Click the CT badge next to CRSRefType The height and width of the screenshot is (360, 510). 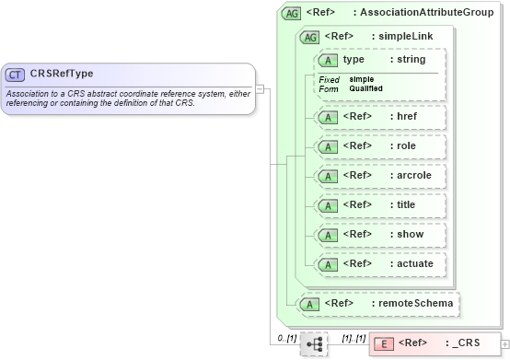(15, 75)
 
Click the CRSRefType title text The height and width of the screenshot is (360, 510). (62, 75)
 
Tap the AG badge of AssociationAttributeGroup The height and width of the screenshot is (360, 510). (292, 14)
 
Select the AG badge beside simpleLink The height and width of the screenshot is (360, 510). (310, 37)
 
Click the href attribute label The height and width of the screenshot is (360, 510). (404, 118)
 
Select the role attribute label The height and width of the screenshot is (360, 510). (403, 146)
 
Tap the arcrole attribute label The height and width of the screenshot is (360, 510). (411, 175)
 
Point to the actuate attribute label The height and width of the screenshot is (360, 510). (411, 263)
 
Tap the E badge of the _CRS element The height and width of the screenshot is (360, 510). (385, 343)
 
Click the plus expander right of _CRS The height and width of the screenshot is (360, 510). (504, 344)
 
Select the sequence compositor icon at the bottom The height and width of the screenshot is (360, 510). (314, 343)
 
